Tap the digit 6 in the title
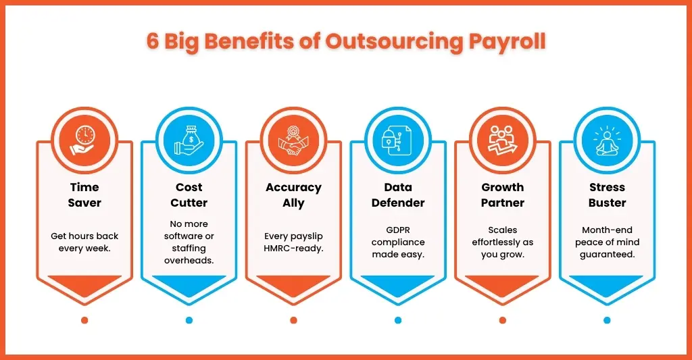point(152,41)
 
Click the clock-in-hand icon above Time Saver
point(84,140)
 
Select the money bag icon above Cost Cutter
point(189,140)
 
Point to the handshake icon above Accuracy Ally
point(293,140)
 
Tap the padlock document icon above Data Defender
point(398,140)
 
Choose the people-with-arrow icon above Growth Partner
point(503,140)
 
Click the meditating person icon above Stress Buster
point(608,140)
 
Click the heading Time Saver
point(84,195)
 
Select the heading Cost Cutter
point(189,195)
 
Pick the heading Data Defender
point(398,195)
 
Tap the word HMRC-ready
point(293,249)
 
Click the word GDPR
point(398,230)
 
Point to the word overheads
point(189,260)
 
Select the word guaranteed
point(608,255)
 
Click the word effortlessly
point(497,242)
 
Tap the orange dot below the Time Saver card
point(84,320)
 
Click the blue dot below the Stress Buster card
point(608,320)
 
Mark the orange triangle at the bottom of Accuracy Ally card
point(293,285)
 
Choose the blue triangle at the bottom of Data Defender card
point(398,285)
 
